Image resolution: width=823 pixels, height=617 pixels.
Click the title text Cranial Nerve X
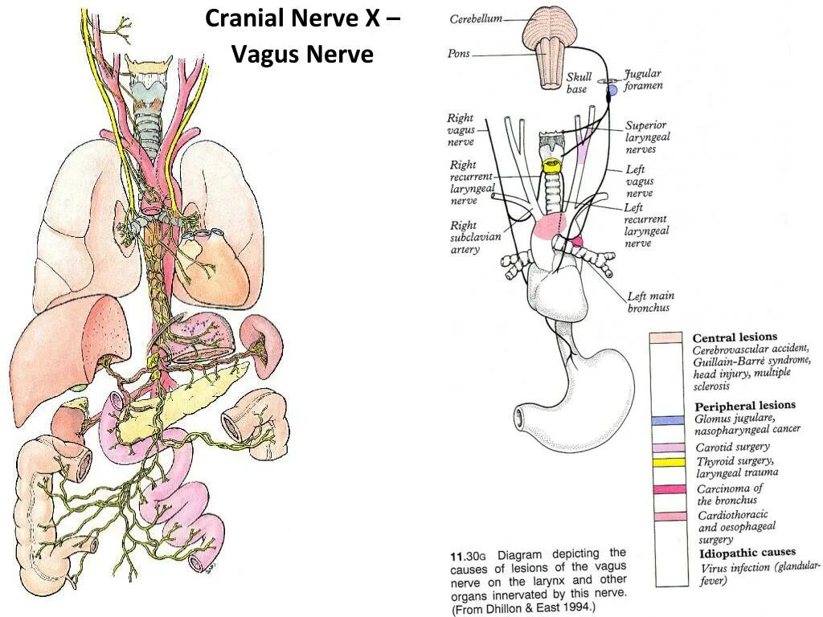(302, 18)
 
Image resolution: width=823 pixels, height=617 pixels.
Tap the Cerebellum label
(476, 18)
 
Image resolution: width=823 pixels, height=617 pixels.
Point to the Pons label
(459, 54)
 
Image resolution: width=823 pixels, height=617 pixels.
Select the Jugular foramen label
(643, 80)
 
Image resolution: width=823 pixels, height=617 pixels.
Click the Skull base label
(579, 83)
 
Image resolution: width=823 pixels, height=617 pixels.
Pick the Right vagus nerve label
(461, 130)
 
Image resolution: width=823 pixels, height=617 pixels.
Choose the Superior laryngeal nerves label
(647, 137)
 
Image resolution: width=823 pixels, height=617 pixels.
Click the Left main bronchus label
(650, 302)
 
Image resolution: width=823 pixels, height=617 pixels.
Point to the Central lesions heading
(735, 337)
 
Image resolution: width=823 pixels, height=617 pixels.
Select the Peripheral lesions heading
(744, 406)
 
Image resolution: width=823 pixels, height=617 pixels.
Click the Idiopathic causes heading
(747, 553)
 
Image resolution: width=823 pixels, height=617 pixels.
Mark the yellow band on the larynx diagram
(551, 165)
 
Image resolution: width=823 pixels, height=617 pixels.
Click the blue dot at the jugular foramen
(611, 90)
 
